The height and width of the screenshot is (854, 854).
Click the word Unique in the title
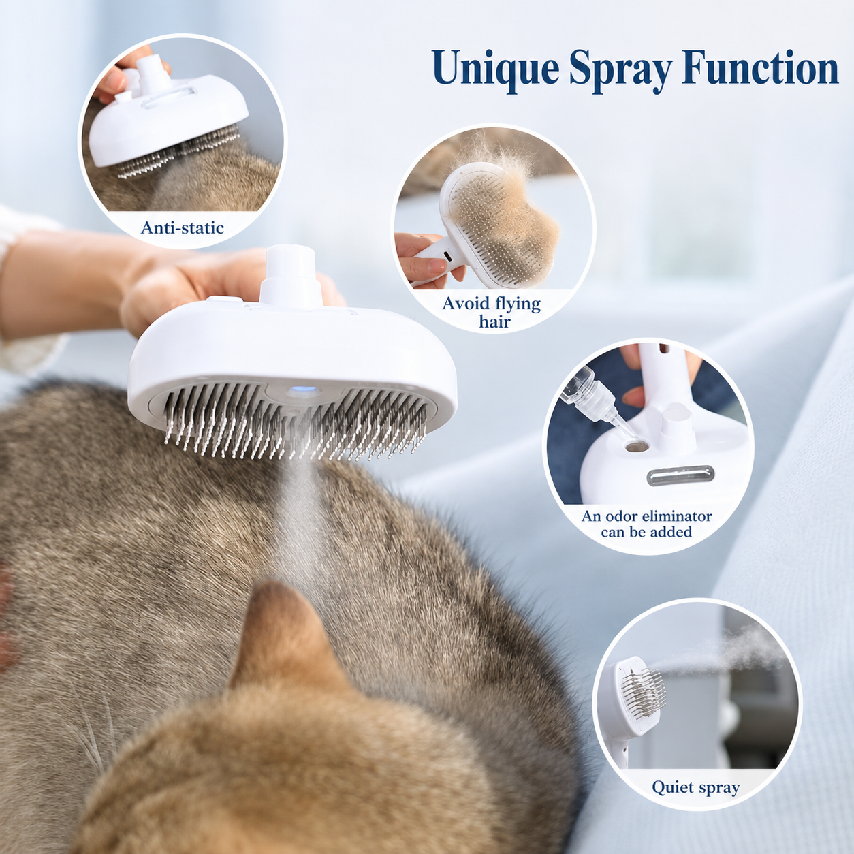[x=496, y=70]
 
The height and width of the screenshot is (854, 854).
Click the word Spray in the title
[x=620, y=71]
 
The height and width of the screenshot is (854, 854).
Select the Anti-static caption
[x=182, y=227]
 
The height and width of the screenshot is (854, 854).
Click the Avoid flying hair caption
[x=491, y=313]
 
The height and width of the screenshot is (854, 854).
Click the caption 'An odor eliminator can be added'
[x=646, y=524]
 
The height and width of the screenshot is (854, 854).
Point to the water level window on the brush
[x=680, y=474]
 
